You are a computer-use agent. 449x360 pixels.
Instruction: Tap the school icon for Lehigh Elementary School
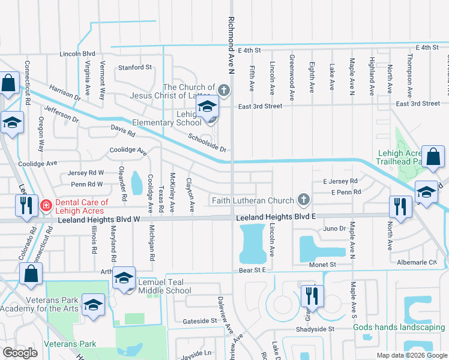[x=208, y=107]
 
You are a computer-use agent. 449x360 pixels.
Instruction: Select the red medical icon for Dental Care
[x=46, y=206]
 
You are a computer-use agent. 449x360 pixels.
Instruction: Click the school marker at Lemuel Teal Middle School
[x=124, y=278]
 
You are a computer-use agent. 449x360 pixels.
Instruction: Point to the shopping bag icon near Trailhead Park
[x=432, y=157]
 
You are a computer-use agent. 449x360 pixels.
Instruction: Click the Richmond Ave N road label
[x=231, y=45]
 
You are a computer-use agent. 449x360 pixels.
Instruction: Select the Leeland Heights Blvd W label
[x=98, y=221]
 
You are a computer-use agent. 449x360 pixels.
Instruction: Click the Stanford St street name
[x=134, y=67]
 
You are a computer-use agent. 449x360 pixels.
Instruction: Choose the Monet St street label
[x=322, y=265]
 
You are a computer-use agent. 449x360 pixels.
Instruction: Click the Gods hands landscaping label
[x=399, y=327]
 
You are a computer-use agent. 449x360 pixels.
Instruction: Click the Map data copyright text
[x=411, y=355]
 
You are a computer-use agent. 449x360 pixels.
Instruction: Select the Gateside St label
[x=199, y=321]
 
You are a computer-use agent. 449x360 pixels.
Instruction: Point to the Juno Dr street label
[x=334, y=229]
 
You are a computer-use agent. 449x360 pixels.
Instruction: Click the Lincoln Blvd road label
[x=77, y=53]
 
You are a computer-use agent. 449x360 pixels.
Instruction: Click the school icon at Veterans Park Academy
[x=93, y=305]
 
